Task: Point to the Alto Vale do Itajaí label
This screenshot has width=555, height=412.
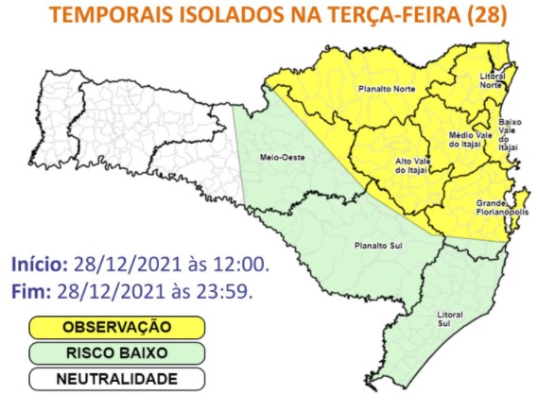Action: (x=412, y=165)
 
